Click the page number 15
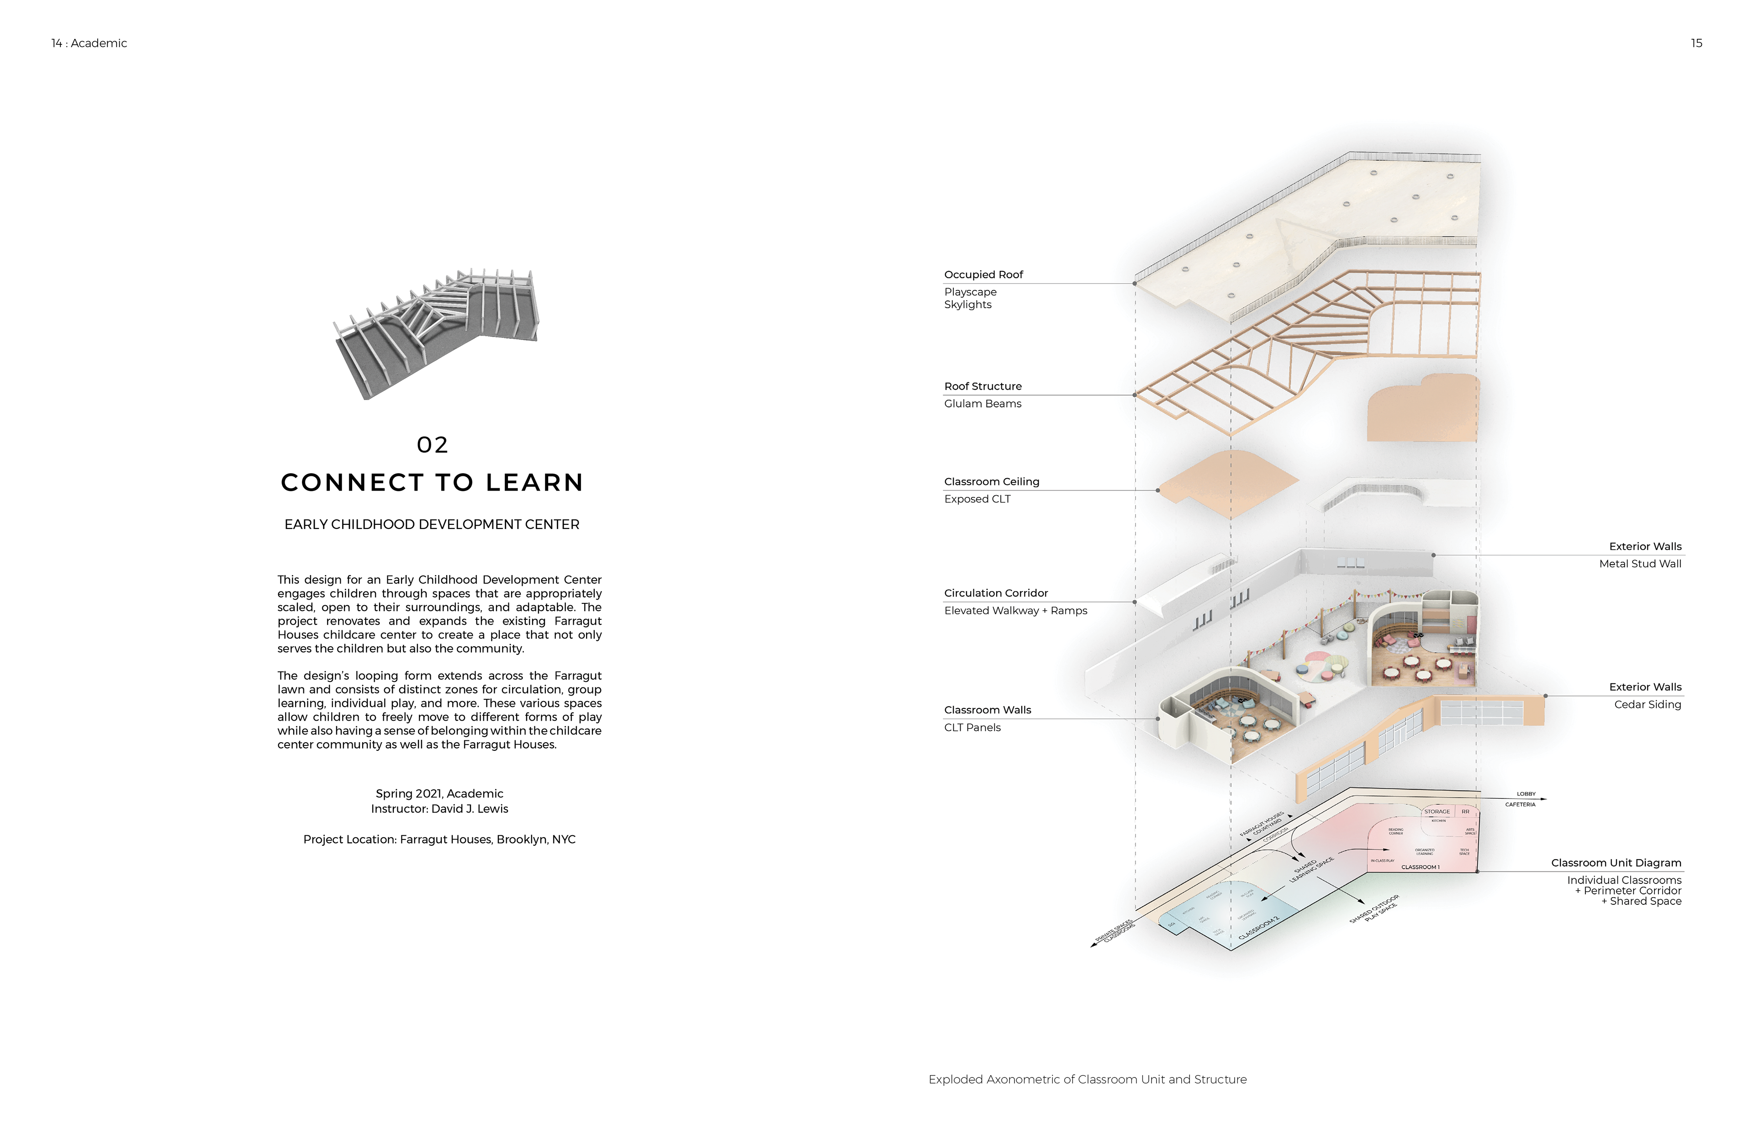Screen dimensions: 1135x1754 [x=1696, y=43]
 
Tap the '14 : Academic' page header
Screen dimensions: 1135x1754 [x=89, y=43]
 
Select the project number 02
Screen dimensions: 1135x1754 [x=433, y=445]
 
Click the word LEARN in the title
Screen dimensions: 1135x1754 [x=534, y=483]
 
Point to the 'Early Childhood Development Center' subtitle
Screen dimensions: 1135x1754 [x=432, y=525]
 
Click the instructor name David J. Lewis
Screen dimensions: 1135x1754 [x=470, y=809]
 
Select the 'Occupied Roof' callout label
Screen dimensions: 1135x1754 [x=983, y=275]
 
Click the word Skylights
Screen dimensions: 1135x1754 [x=967, y=305]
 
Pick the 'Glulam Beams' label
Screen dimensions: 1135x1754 [x=983, y=404]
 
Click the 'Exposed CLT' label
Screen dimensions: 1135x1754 [x=977, y=499]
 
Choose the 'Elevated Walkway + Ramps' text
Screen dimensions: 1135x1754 [x=1015, y=611]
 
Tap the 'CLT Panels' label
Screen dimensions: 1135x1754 [x=972, y=728]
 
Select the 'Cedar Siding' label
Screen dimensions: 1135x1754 [x=1647, y=705]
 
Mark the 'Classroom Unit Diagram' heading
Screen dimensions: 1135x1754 [x=1616, y=863]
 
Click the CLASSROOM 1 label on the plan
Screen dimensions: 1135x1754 [x=1420, y=867]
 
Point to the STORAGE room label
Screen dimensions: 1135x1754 [x=1437, y=812]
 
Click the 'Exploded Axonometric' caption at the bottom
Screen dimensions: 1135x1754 [x=1087, y=1080]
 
